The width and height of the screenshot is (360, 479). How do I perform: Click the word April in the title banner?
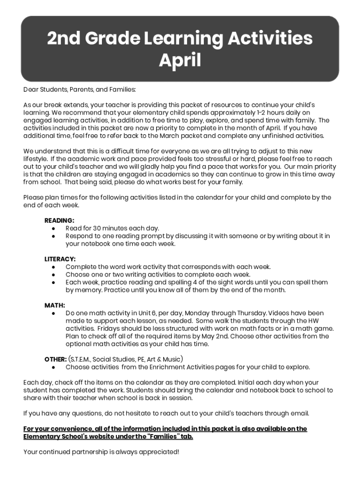[180, 60]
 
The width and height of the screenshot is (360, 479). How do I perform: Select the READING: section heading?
[59, 220]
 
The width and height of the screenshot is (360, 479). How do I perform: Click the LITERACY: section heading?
[60, 259]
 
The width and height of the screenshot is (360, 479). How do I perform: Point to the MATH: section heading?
[55, 305]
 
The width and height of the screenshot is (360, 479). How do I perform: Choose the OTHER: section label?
[56, 359]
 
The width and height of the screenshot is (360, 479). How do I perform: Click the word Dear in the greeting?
[31, 89]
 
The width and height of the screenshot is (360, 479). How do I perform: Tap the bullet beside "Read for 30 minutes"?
[54, 228]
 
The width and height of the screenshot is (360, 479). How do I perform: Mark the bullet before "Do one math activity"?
[54, 313]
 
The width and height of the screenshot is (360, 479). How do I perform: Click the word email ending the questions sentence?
[299, 413]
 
